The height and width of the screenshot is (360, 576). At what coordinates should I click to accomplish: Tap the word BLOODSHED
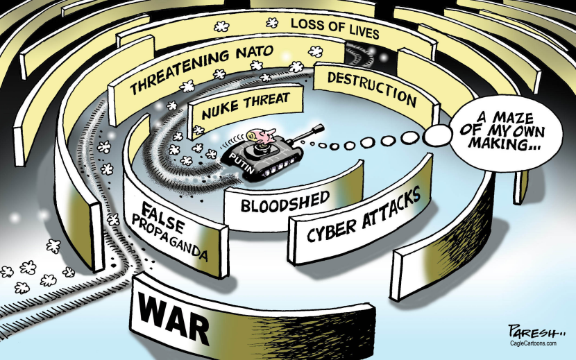click(285, 202)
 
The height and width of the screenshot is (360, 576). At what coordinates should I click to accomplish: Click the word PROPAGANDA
click(169, 237)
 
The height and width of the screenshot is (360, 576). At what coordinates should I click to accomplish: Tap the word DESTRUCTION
click(372, 89)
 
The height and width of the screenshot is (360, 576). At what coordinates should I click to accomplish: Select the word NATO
click(255, 53)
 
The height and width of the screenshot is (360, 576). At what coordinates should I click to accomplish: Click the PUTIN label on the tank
click(242, 163)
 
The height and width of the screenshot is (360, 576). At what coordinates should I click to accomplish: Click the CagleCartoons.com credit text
click(534, 343)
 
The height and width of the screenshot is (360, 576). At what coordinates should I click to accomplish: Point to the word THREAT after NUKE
click(267, 101)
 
